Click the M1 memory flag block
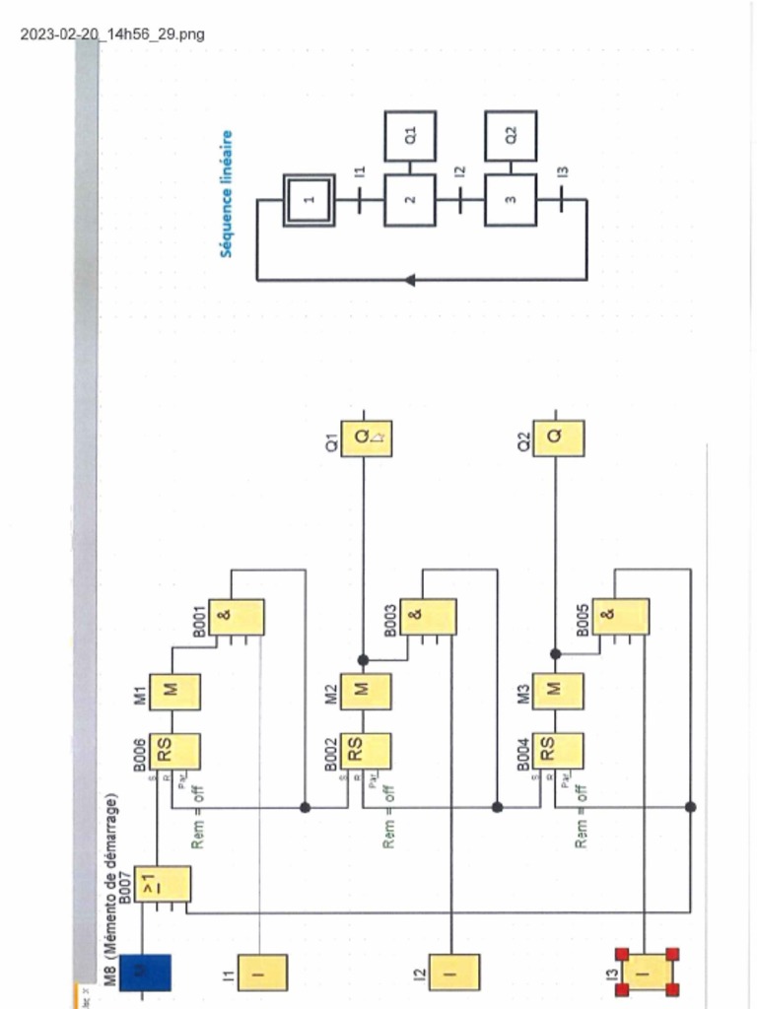[174, 691]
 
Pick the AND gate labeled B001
[237, 617]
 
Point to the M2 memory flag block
[366, 691]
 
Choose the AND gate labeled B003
[429, 617]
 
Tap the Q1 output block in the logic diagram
[366, 438]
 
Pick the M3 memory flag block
[557, 691]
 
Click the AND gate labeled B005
[621, 617]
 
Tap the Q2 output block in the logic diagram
[558, 438]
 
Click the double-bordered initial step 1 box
[309, 200]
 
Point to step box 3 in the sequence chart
[511, 200]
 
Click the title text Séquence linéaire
[228, 194]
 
